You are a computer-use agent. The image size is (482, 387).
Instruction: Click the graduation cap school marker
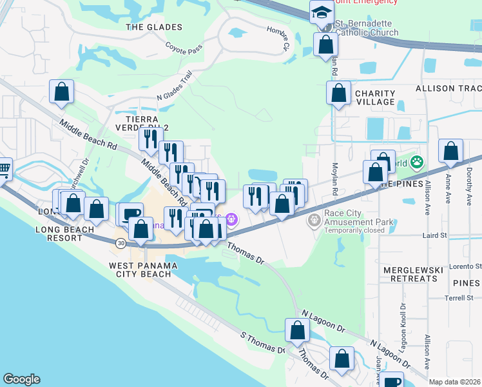pyautogui.click(x=321, y=12)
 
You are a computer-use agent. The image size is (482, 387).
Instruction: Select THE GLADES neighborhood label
pyautogui.click(x=154, y=27)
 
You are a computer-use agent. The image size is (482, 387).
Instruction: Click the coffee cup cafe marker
pyautogui.click(x=131, y=213)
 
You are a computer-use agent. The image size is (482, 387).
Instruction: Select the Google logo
pyautogui.click(x=21, y=379)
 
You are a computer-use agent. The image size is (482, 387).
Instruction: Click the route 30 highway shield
pyautogui.click(x=121, y=243)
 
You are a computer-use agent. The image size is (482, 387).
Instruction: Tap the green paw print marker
pyautogui.click(x=417, y=161)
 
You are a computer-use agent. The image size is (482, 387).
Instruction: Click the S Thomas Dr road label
pyautogui.click(x=262, y=342)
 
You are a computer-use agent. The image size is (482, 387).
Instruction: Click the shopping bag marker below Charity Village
pyautogui.click(x=383, y=163)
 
